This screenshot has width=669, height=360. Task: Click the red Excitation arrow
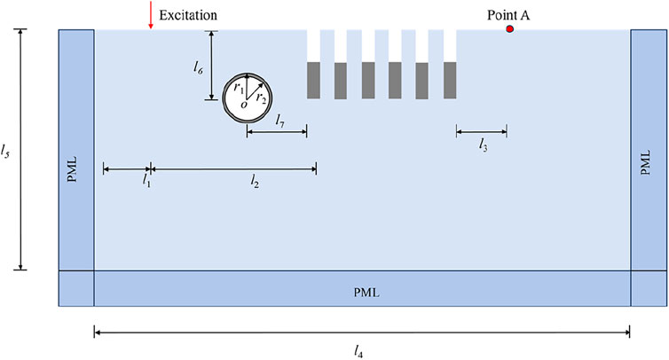[x=151, y=18]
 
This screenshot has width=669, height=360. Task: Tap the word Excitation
[x=188, y=15]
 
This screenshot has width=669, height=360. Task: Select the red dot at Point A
[x=510, y=29]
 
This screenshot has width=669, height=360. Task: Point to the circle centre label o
[x=244, y=105]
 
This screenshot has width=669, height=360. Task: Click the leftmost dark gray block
[x=313, y=80]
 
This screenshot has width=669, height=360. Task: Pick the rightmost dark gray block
[x=450, y=80]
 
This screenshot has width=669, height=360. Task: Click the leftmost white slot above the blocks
[x=313, y=45]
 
